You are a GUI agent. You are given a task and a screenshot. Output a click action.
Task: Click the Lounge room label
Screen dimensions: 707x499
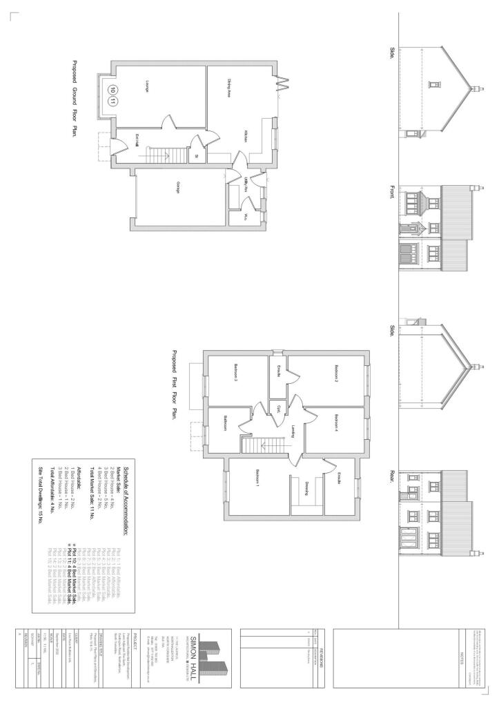click(147, 87)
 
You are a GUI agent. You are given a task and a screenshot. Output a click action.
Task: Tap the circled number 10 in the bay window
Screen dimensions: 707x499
click(112, 90)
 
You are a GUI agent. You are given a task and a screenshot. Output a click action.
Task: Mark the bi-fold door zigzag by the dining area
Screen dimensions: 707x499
click(282, 87)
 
